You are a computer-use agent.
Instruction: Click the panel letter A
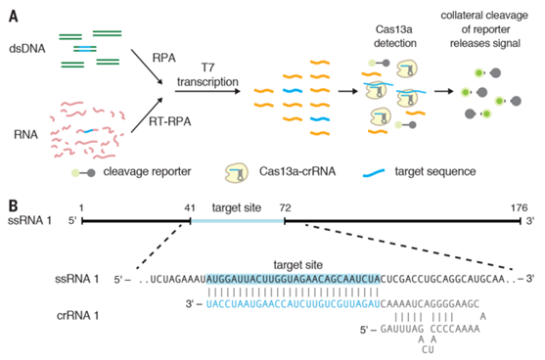[x=13, y=16]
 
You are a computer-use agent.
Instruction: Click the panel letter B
[x=13, y=205]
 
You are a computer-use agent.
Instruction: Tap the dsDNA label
[x=27, y=49]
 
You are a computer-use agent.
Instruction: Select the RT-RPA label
[x=170, y=121]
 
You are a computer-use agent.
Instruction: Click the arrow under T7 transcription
[x=207, y=91]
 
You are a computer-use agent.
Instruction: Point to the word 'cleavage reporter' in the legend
[x=147, y=171]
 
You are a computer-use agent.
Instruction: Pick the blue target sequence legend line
[x=374, y=173]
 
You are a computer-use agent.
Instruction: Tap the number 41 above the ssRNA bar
[x=190, y=207]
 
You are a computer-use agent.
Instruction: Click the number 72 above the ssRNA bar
[x=285, y=207]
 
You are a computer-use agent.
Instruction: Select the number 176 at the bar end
[x=519, y=207]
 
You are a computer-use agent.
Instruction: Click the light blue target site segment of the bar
[x=238, y=221]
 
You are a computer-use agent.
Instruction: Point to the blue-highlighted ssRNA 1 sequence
[x=294, y=279]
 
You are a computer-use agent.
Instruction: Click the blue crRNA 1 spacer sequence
[x=293, y=304]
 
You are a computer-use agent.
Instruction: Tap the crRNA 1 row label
[x=77, y=316]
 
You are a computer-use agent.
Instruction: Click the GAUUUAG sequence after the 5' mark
[x=402, y=329]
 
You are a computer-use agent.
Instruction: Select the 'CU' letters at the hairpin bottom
[x=428, y=349]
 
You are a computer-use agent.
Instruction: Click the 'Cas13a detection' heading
[x=394, y=36]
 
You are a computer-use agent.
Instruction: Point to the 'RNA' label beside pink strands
[x=25, y=134]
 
